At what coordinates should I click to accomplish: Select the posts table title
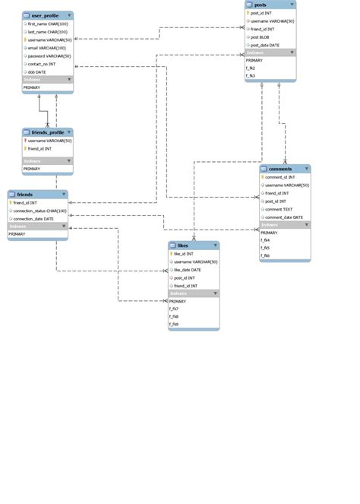(260, 5)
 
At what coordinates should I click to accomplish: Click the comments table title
(280, 169)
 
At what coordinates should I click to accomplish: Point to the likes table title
(182, 246)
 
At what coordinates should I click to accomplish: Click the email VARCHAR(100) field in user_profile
(47, 47)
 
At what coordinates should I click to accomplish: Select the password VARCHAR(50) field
(49, 55)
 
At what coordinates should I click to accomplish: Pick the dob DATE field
(37, 71)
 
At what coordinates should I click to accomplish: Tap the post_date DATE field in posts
(265, 45)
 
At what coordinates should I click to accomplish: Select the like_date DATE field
(187, 270)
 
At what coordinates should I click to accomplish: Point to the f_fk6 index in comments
(266, 255)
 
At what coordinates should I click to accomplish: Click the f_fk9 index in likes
(174, 325)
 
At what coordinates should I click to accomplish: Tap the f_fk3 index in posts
(251, 76)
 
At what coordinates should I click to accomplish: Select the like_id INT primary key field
(184, 254)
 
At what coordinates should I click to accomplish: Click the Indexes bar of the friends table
(37, 227)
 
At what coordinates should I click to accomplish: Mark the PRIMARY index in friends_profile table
(32, 169)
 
